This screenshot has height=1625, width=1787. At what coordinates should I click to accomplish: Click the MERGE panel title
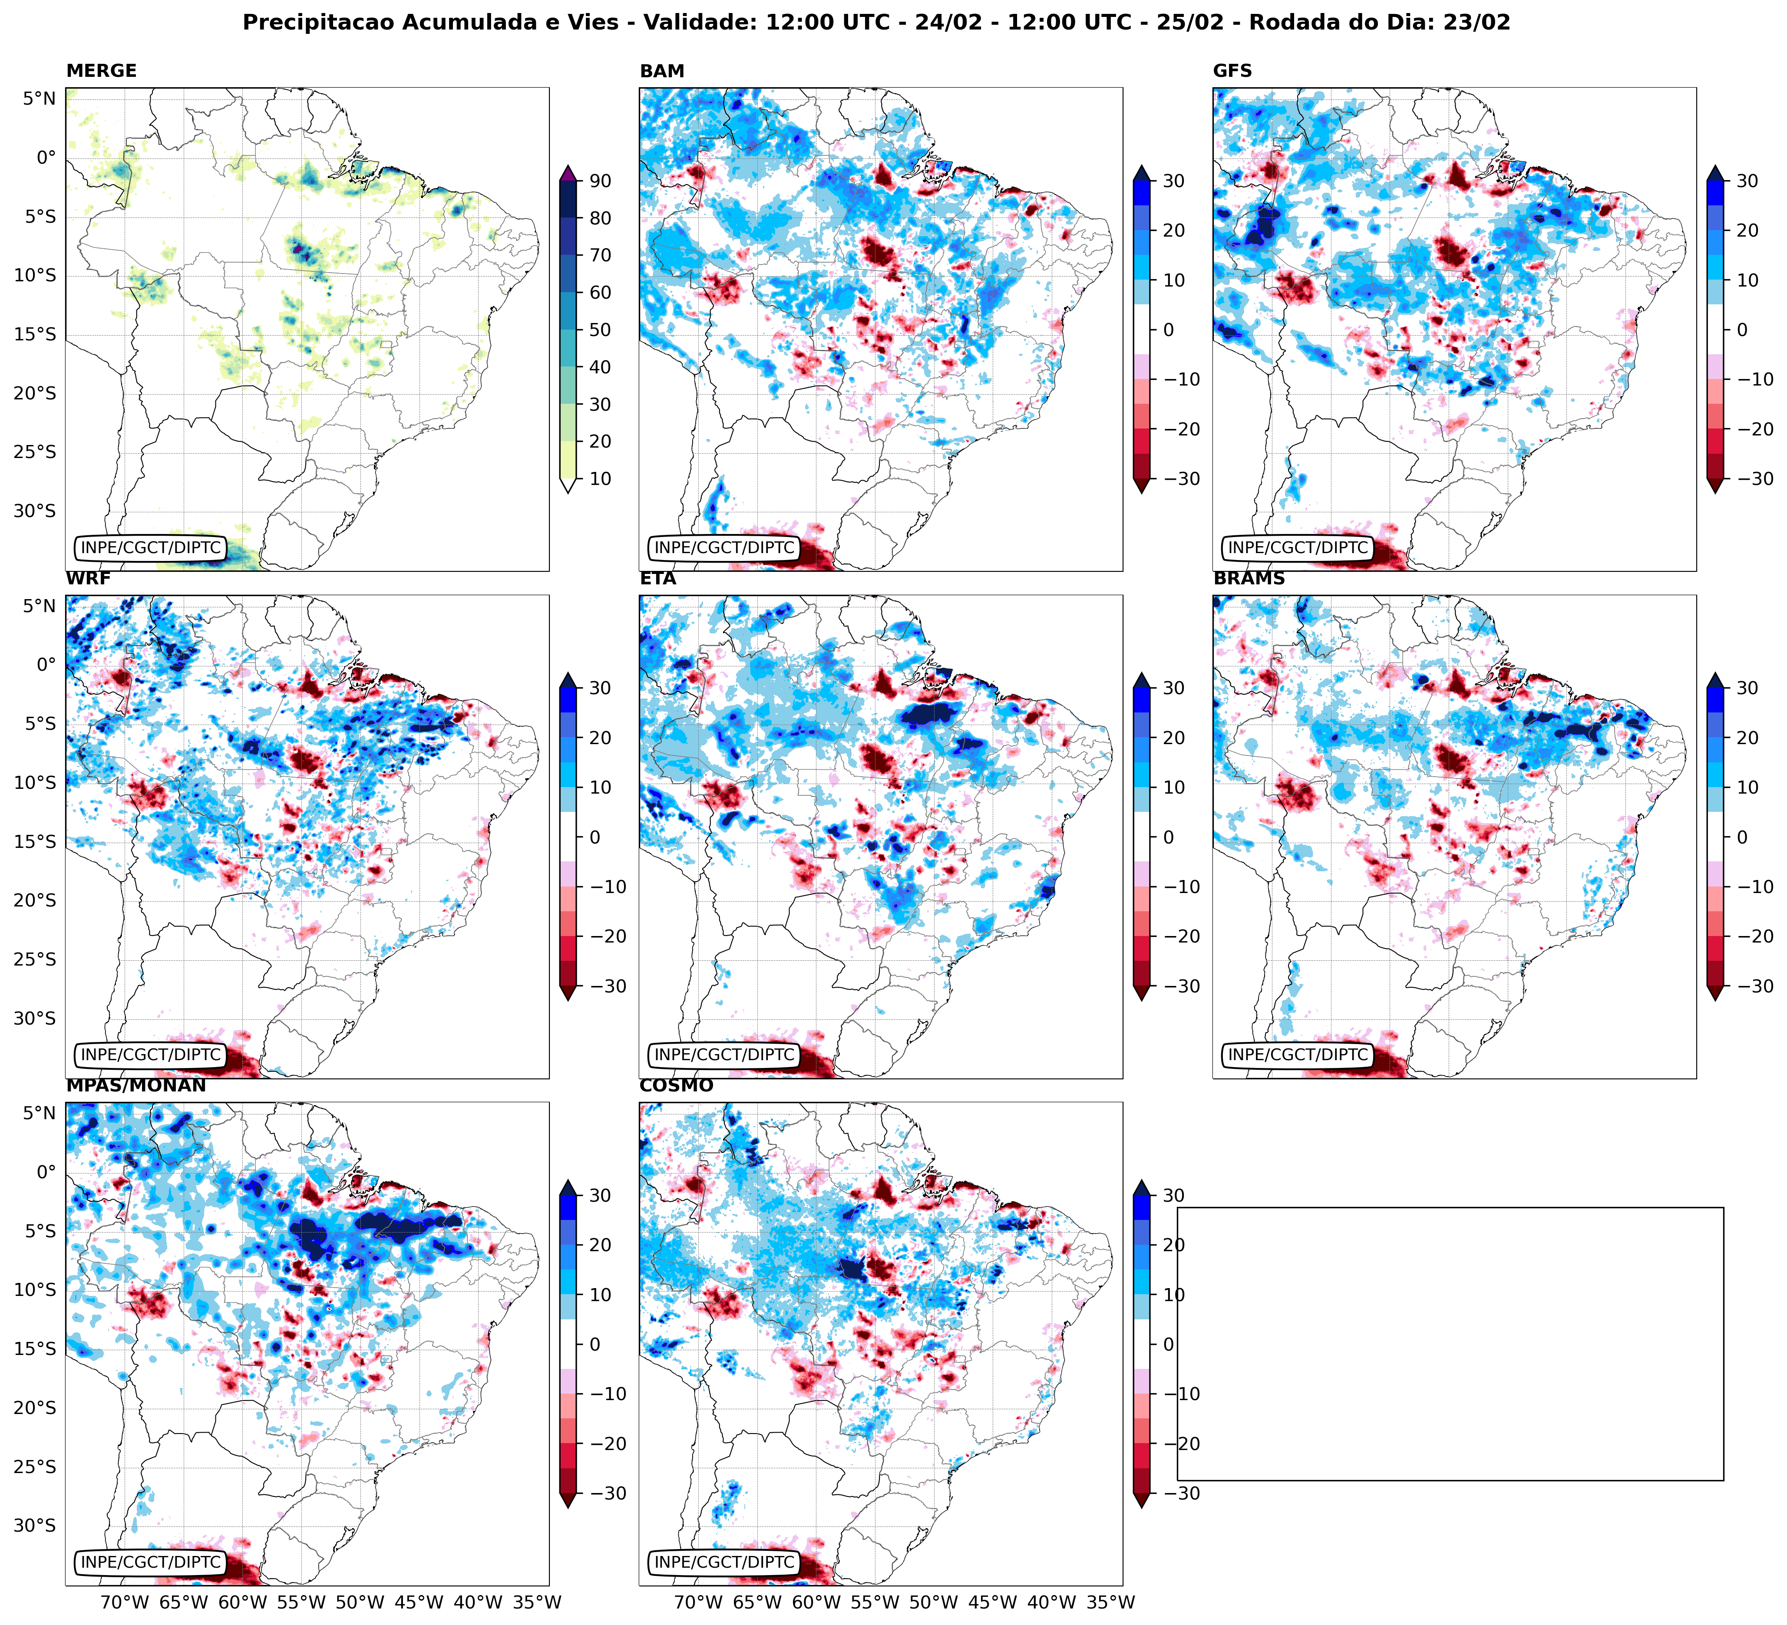coord(101,71)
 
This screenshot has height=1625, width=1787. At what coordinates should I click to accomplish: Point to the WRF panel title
coord(88,579)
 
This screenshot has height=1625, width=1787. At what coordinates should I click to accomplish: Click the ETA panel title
coord(658,579)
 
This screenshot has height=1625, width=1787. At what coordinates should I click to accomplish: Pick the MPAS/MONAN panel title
coord(135,1085)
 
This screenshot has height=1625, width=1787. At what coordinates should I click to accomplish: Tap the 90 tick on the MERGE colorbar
coord(600,181)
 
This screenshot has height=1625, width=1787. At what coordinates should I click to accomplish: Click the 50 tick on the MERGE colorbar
coord(600,330)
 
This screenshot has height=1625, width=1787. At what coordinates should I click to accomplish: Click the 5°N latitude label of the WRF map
coord(39,606)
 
